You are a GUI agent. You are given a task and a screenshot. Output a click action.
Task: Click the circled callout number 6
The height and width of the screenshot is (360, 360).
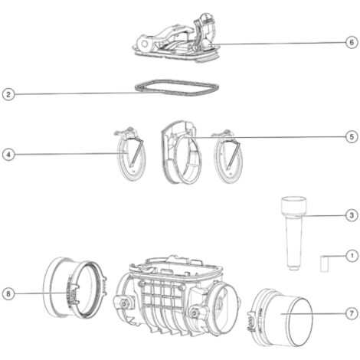point(352,42)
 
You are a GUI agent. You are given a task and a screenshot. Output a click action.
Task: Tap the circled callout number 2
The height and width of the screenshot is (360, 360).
point(8,95)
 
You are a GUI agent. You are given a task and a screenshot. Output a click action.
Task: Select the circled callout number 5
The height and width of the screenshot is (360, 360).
point(352,137)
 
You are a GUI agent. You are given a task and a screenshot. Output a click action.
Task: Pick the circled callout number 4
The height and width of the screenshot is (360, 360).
point(8,155)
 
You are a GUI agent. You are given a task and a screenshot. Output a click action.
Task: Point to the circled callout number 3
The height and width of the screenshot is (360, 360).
point(352,215)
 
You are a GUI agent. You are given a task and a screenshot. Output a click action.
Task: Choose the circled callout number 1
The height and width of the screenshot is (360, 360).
point(352,256)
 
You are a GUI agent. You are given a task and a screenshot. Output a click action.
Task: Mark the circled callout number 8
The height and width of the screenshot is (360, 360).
point(8,294)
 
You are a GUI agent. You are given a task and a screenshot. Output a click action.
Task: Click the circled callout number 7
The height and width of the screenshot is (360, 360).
point(352,313)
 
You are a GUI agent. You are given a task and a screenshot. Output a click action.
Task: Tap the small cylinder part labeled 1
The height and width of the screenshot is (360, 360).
point(324,263)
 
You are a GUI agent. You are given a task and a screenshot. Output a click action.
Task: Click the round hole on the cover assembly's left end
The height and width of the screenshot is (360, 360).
point(145,44)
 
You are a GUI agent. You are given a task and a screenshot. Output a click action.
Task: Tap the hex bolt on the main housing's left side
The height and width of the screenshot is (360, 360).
point(124,303)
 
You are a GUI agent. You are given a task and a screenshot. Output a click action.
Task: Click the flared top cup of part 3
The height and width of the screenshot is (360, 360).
point(294,206)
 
